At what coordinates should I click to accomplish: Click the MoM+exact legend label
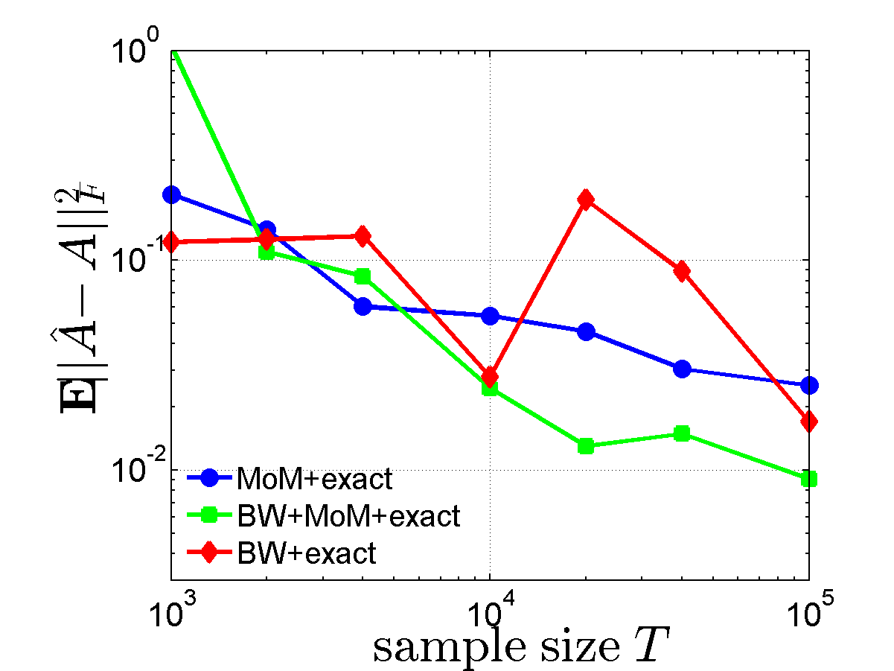(313, 479)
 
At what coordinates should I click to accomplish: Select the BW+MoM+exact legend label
(348, 515)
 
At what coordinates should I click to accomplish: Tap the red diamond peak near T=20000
(586, 200)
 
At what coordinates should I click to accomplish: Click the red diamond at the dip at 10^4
(490, 376)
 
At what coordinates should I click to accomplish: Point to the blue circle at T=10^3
(172, 194)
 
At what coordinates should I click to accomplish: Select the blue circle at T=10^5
(809, 385)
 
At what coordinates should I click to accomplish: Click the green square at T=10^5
(809, 479)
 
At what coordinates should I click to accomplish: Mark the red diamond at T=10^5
(809, 422)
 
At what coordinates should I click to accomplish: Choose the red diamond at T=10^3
(172, 241)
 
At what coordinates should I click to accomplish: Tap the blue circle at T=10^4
(490, 316)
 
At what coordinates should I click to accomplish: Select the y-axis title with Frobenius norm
(74, 305)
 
